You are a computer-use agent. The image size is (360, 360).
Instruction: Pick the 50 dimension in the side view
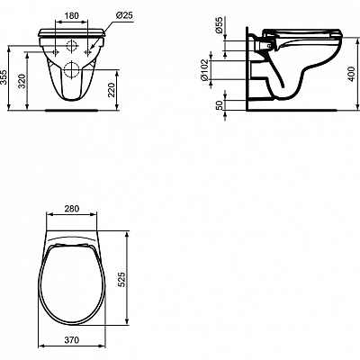pyautogui.click(x=220, y=106)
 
